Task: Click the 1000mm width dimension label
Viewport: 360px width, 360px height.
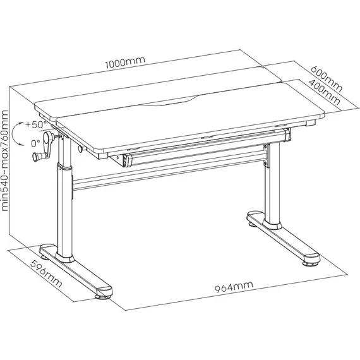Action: click(125, 63)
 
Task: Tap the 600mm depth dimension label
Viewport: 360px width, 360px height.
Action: click(327, 78)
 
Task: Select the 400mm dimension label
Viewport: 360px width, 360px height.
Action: click(324, 92)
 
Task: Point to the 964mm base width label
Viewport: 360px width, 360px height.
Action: click(234, 287)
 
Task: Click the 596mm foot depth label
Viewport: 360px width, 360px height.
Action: click(46, 273)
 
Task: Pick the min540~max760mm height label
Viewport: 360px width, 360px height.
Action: click(4, 160)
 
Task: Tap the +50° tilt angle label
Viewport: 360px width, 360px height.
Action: click(36, 124)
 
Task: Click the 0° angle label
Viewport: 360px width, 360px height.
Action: click(36, 144)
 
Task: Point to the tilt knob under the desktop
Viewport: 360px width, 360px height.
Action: click(82, 149)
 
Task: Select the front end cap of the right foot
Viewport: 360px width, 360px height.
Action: click(311, 260)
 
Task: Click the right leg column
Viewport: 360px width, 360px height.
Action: click(272, 184)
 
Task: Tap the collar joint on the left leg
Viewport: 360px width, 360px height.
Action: click(64, 167)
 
